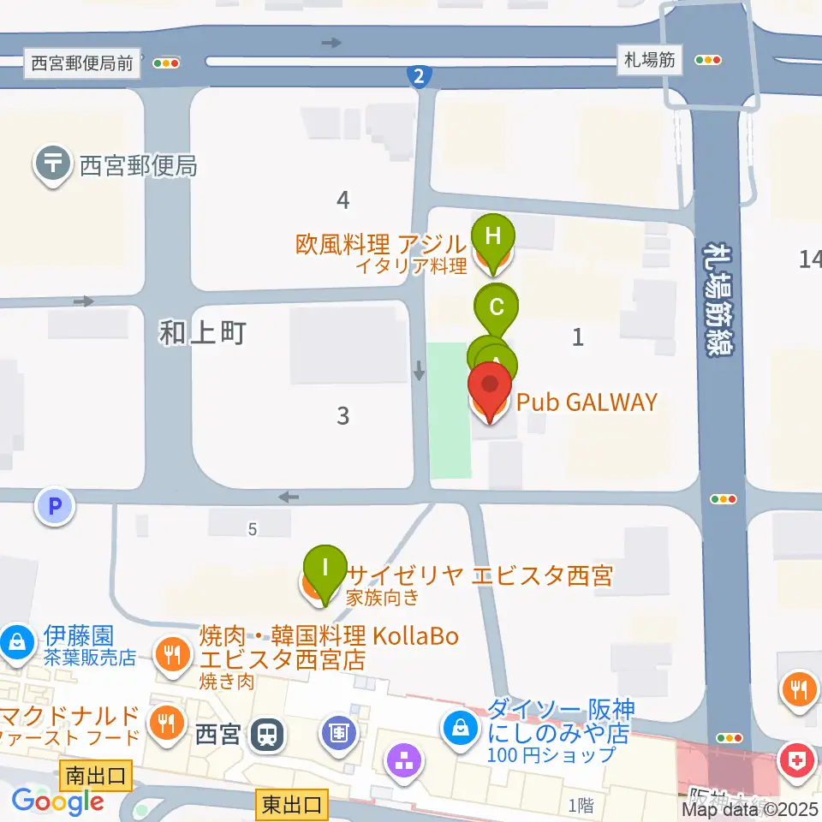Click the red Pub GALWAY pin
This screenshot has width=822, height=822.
pos(489,390)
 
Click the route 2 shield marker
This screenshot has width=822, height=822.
pos(418,77)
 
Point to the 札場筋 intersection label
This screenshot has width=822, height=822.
pos(652,61)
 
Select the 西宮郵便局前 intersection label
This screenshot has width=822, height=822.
pos(83,63)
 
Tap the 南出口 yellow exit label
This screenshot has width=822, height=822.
pos(96,777)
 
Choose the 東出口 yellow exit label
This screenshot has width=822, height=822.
pos(292,805)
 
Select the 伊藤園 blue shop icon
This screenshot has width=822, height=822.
pos(16,640)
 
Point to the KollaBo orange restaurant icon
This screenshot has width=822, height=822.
pos(174,655)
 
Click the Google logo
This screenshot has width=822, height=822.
pos(57,801)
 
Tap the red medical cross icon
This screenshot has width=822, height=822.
pos(797,761)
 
